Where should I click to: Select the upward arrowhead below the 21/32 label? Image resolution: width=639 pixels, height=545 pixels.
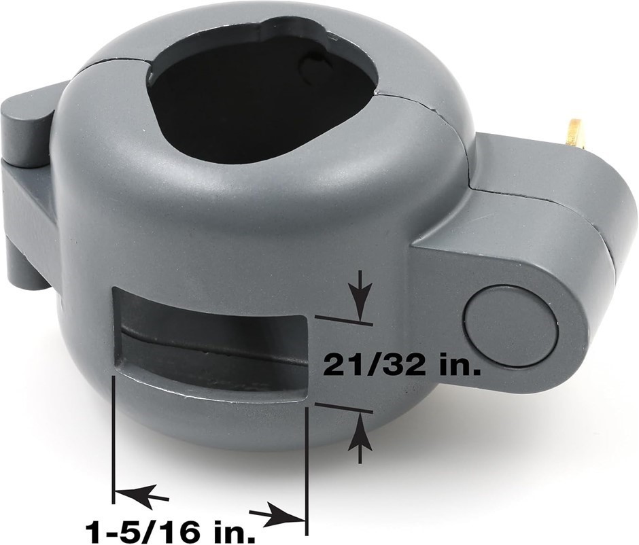click(360, 432)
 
